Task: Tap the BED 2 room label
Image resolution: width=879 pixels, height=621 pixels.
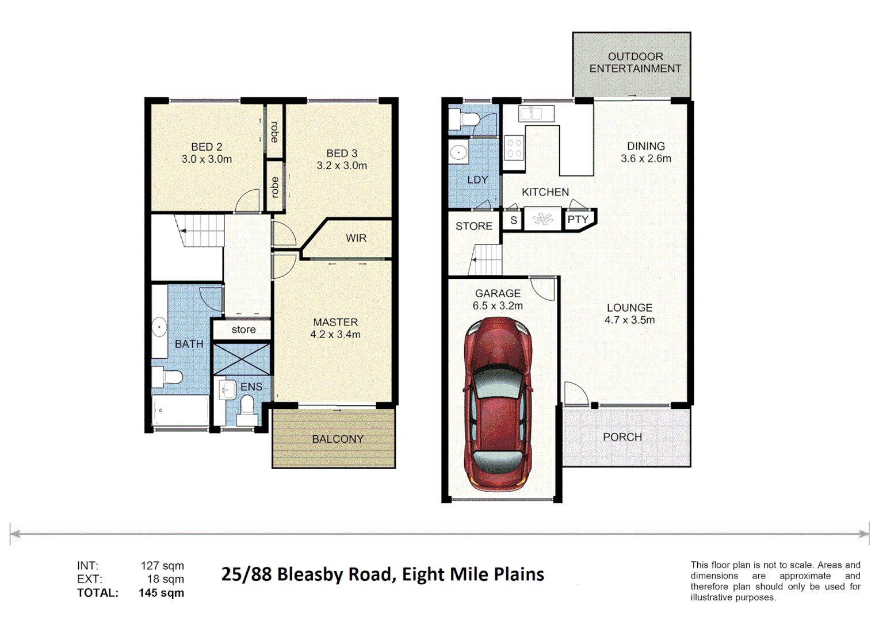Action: pos(207,147)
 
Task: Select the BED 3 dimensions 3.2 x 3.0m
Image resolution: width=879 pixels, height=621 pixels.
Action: pos(342,166)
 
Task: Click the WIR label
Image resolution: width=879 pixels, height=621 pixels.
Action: pos(356,238)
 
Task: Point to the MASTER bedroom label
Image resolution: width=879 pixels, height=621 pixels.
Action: pos(335,322)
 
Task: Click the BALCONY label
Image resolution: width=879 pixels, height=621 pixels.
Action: pos(338,439)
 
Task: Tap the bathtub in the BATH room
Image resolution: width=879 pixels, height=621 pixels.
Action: pos(180,411)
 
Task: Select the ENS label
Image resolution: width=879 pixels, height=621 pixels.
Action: pos(251,387)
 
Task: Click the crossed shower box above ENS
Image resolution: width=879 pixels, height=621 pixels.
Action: pos(242,359)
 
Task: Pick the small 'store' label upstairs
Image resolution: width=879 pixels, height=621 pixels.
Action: pos(243,329)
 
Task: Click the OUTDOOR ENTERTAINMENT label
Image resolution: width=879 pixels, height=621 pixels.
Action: pos(635,63)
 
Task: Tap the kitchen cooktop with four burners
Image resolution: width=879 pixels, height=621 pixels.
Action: pos(514,148)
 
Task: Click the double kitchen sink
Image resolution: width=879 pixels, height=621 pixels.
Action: pos(536,113)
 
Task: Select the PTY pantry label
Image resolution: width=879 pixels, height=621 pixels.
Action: pos(578,220)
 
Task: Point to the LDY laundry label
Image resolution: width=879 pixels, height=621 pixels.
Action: pos(477,180)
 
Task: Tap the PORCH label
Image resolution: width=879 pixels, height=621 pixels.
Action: pos(622,437)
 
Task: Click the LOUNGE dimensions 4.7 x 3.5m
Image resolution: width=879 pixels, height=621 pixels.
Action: pos(629,320)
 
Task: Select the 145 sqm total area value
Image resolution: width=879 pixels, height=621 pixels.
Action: pos(161,593)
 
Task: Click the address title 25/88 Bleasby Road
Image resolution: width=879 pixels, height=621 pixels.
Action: pos(383,574)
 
